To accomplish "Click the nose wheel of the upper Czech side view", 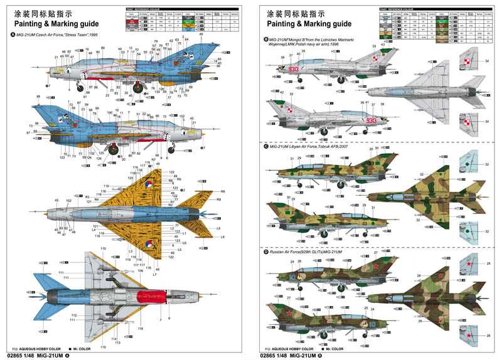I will click(81, 87).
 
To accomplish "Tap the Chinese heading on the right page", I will click(292, 13).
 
